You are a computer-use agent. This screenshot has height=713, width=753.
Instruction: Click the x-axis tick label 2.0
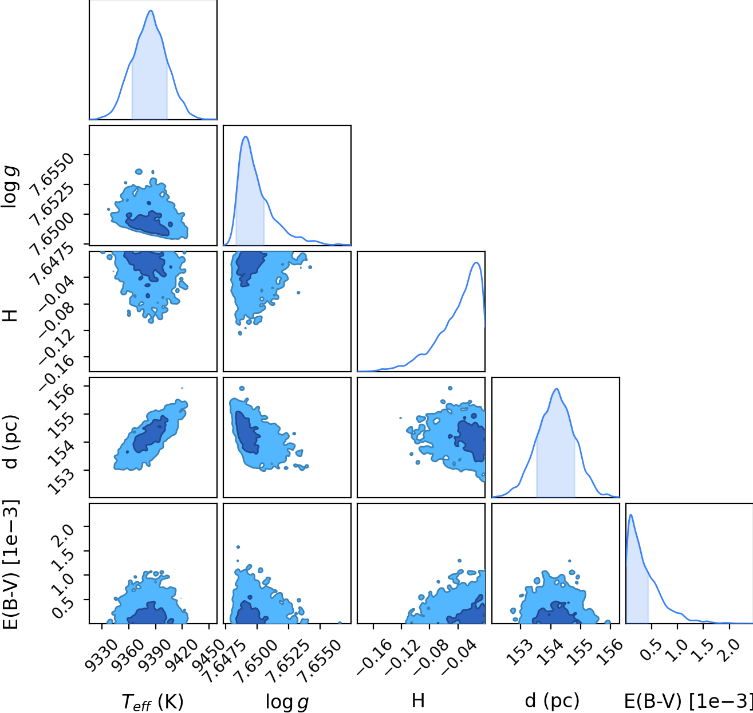click(x=730, y=650)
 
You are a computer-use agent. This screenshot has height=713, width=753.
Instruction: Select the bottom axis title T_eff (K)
click(x=153, y=701)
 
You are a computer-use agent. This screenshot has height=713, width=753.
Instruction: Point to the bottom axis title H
click(x=418, y=700)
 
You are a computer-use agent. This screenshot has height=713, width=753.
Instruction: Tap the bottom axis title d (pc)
click(x=552, y=701)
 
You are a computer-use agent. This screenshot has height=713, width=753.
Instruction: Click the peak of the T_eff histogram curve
click(x=151, y=10)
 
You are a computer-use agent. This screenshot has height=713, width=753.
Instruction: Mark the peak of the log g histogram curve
click(x=246, y=136)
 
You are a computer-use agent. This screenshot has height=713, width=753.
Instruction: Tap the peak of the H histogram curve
click(x=476, y=262)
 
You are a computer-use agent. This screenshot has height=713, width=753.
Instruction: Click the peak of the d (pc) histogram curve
click(x=557, y=388)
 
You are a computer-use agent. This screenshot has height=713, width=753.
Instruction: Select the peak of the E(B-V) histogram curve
click(x=631, y=514)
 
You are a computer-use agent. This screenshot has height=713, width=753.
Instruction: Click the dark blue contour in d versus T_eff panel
click(x=150, y=434)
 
